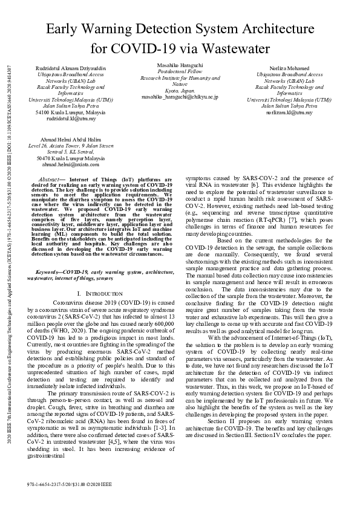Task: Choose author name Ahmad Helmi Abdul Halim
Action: (62, 139)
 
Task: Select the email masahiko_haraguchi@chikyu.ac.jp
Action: (180, 96)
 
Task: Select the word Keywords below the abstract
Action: (49, 273)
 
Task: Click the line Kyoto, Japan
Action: (180, 90)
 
